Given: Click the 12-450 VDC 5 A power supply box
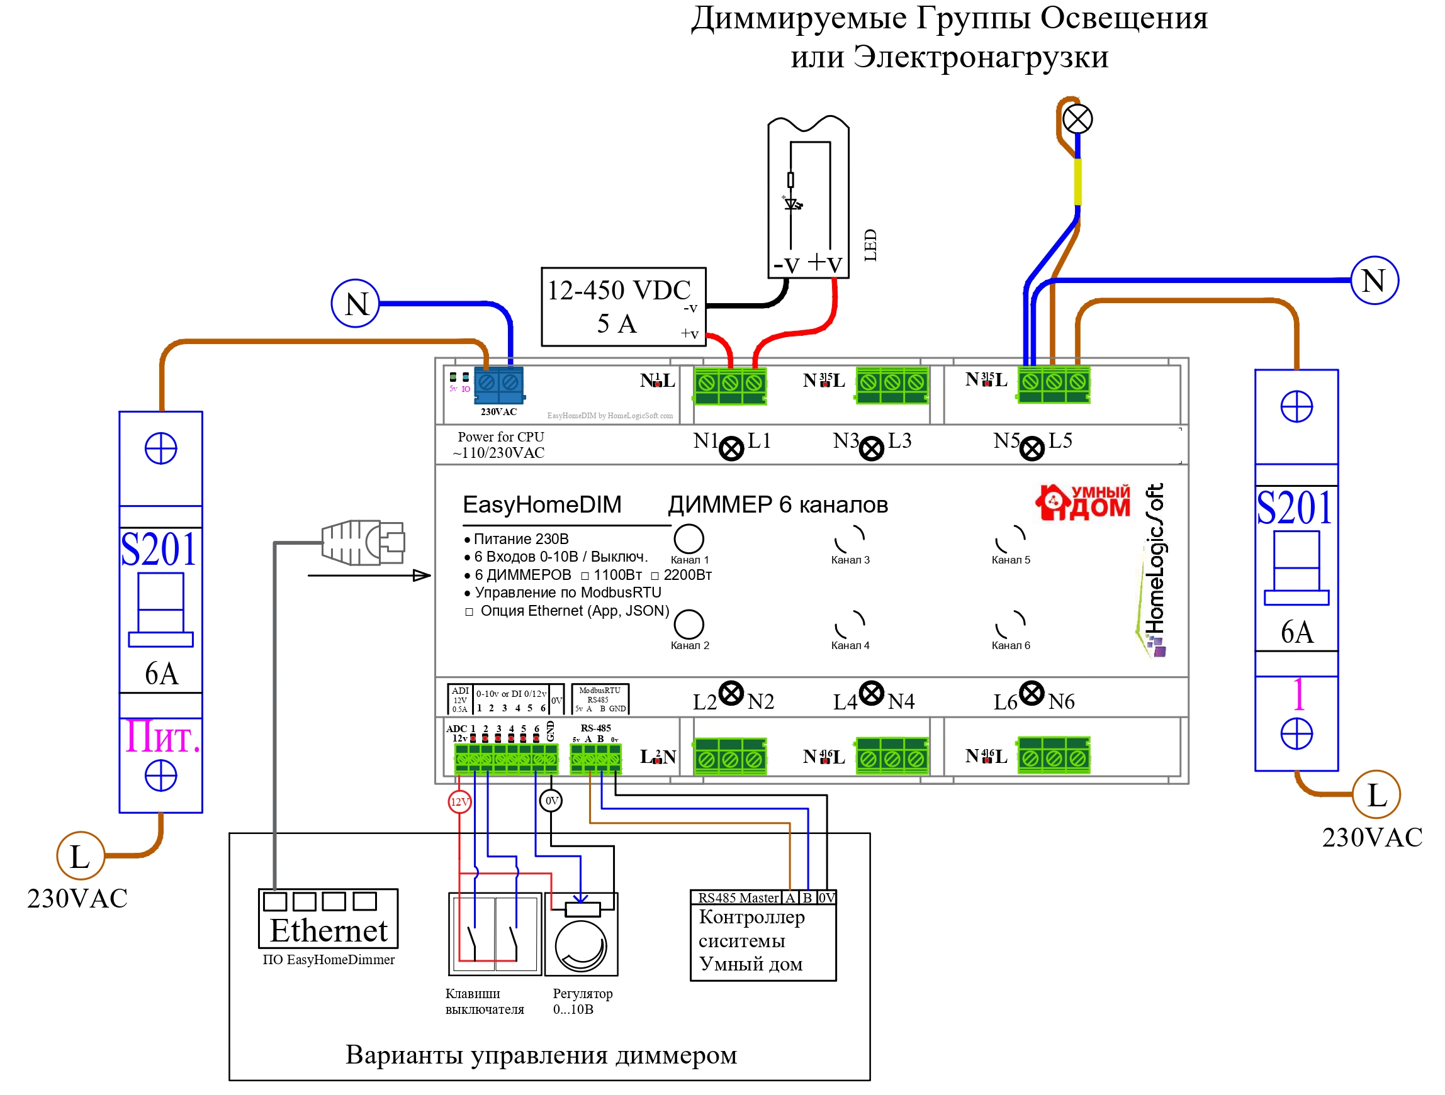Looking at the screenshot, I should click(623, 307).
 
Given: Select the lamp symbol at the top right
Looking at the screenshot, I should click(1077, 120).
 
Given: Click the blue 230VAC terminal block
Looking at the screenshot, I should click(498, 386).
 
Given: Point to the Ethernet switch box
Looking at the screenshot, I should click(328, 918).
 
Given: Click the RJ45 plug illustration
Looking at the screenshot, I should click(363, 543).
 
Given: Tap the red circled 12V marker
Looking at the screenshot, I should click(459, 802).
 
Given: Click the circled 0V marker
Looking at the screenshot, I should click(551, 801).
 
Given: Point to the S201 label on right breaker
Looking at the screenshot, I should click(1294, 508).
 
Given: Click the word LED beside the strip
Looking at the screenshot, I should click(870, 245).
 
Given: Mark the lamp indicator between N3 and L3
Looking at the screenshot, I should click(871, 448).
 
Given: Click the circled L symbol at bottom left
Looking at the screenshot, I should click(81, 856).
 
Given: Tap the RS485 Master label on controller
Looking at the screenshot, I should click(738, 898).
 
